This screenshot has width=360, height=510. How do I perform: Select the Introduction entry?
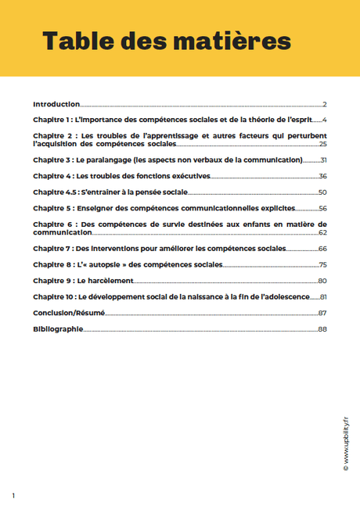(56, 104)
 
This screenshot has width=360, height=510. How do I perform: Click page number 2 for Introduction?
(324, 104)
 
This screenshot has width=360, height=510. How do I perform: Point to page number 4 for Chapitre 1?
(324, 120)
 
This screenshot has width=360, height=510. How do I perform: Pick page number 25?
(322, 145)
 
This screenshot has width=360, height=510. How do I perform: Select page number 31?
(323, 160)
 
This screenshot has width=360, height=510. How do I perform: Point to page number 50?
(322, 192)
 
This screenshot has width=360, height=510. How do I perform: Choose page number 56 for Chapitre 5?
(322, 209)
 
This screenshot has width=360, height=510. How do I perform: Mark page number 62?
(322, 233)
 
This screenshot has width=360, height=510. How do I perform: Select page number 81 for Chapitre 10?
(322, 297)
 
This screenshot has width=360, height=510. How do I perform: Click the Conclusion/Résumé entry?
(69, 313)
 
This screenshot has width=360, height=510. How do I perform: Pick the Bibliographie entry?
(57, 329)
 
